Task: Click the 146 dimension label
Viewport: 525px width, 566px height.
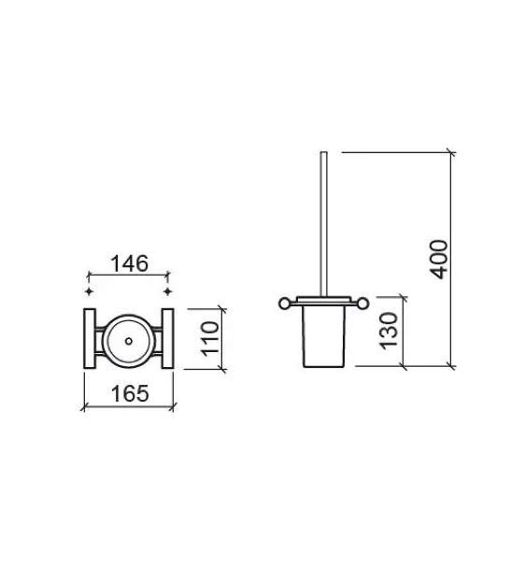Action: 129,263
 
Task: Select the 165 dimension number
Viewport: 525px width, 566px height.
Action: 130,393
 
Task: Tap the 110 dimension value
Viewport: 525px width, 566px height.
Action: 210,339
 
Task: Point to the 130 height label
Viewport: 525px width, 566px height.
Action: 389,331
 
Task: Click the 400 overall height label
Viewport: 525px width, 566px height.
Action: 439,259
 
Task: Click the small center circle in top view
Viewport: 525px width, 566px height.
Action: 129,340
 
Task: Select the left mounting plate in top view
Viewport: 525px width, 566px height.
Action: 90,338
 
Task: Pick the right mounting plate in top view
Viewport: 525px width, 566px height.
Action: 167,338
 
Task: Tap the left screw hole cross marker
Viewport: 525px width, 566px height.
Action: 89,291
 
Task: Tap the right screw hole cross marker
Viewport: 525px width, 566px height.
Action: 167,291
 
